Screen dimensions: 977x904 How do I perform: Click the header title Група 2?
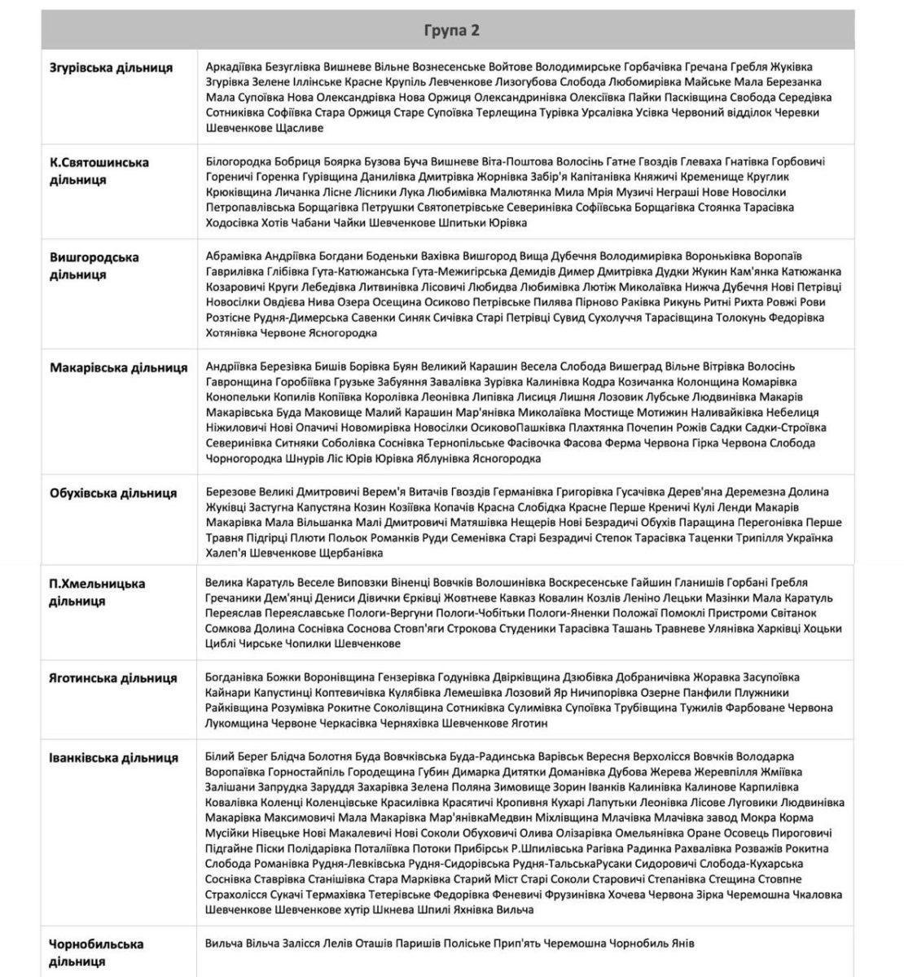tap(451, 30)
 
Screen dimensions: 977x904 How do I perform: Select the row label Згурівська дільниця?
tap(112, 68)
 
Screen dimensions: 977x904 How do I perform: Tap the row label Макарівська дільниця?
tap(119, 367)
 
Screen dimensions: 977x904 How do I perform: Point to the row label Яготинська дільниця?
tap(114, 678)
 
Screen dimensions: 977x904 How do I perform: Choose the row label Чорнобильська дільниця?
tap(97, 953)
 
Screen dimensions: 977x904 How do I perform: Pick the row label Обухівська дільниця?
tap(114, 493)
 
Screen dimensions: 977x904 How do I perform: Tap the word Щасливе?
tap(301, 128)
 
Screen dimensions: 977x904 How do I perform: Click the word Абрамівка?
tap(235, 256)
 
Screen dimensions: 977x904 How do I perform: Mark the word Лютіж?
tap(599, 287)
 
